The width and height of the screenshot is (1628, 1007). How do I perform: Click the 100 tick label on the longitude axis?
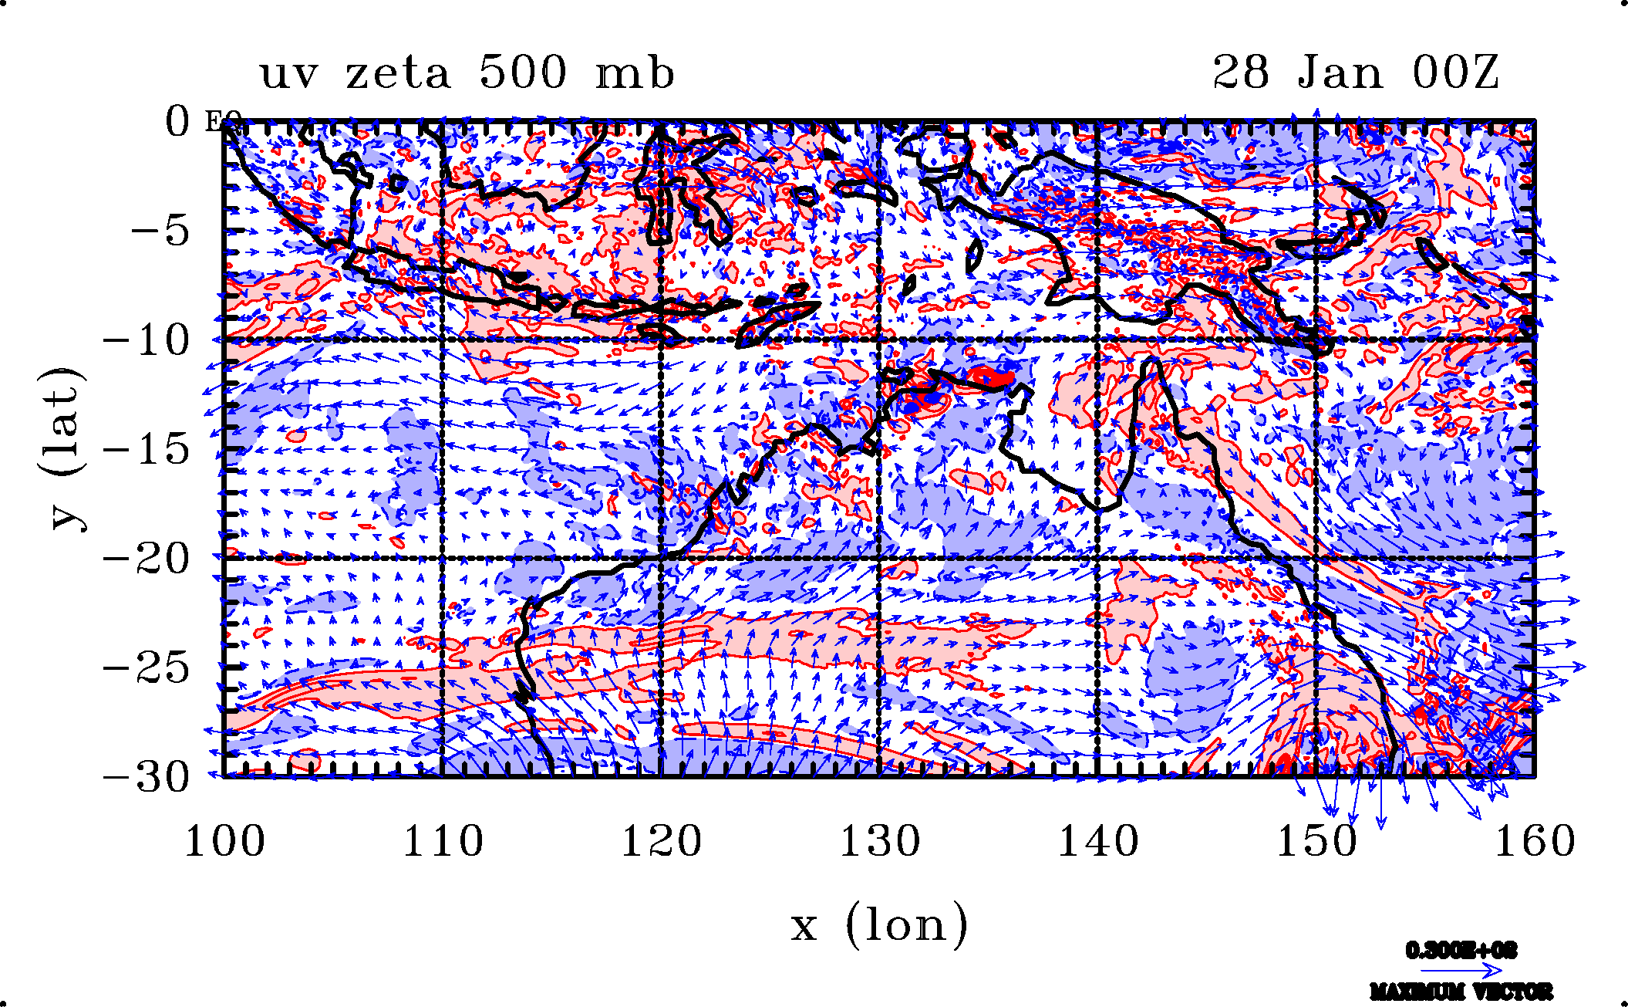(224, 841)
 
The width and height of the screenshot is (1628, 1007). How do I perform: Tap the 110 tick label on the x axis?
(443, 841)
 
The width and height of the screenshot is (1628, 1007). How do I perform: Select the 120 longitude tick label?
(662, 841)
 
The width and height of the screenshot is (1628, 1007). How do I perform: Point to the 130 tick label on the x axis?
(880, 841)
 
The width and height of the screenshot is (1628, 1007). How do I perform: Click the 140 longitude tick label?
(1098, 841)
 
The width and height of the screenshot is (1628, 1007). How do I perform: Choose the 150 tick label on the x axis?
(1316, 841)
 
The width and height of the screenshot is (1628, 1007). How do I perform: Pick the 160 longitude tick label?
(1535, 841)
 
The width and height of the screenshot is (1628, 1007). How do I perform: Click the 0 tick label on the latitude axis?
(177, 122)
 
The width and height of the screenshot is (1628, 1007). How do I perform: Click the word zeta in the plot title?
(397, 74)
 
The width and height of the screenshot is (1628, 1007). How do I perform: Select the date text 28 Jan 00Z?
(1356, 73)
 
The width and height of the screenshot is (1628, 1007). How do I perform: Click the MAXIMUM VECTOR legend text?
(1461, 991)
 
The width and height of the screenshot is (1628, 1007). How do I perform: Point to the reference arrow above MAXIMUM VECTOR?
(1461, 970)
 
